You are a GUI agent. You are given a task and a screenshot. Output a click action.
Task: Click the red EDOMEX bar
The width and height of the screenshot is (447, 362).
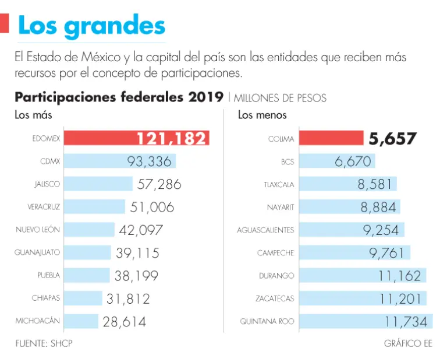(x=99, y=138)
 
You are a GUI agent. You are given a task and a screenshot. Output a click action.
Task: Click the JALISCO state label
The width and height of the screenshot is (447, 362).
(x=47, y=184)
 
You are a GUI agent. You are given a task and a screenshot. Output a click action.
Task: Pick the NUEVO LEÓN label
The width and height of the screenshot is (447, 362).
(x=38, y=230)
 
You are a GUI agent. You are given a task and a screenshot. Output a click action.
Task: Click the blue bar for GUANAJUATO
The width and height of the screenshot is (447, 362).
(x=87, y=252)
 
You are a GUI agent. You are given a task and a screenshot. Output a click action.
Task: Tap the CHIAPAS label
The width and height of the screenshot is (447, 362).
(x=46, y=298)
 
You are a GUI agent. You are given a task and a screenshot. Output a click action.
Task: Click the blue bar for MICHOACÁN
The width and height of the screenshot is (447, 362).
(x=81, y=321)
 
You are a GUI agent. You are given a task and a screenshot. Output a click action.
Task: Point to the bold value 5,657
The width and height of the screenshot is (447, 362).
(x=392, y=139)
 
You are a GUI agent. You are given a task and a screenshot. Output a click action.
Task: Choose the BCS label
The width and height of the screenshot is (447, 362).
(x=287, y=161)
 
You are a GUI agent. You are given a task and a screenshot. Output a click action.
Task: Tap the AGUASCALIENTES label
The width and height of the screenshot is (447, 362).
(x=265, y=230)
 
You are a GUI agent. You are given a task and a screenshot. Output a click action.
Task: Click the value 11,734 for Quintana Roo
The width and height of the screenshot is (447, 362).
(x=406, y=321)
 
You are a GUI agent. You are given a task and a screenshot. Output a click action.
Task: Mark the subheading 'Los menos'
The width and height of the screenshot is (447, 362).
(x=262, y=115)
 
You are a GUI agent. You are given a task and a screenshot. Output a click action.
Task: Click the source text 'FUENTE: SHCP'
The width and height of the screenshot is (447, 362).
(x=44, y=343)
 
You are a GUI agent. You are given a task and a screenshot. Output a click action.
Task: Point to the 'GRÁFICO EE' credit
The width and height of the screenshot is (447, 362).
(x=408, y=343)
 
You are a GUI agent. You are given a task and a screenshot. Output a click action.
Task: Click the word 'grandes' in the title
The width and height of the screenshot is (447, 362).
(x=122, y=26)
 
